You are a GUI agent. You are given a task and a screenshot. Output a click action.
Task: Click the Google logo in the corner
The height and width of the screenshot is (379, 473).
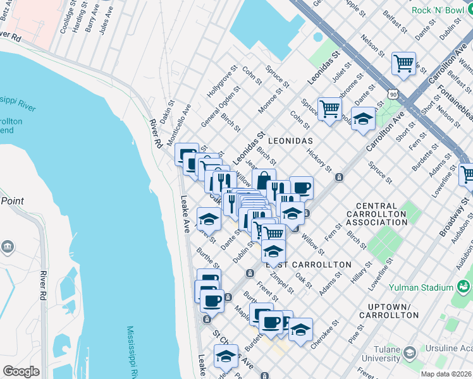coord(21,371)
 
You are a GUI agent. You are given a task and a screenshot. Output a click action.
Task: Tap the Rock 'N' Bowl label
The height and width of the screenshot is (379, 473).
coord(438,10)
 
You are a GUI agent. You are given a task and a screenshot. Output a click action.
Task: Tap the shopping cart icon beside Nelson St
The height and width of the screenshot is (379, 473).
coord(403,64)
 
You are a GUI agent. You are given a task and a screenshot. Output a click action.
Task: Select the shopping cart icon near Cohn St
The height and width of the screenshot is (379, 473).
coord(329,109)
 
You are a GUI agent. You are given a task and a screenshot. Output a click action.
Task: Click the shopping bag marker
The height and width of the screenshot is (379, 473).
coord(264,180)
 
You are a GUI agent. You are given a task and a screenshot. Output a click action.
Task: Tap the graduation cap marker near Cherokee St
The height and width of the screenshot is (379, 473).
coord(300,330)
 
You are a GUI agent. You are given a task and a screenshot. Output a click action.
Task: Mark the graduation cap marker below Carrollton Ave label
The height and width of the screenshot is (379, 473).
coord(362,119)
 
